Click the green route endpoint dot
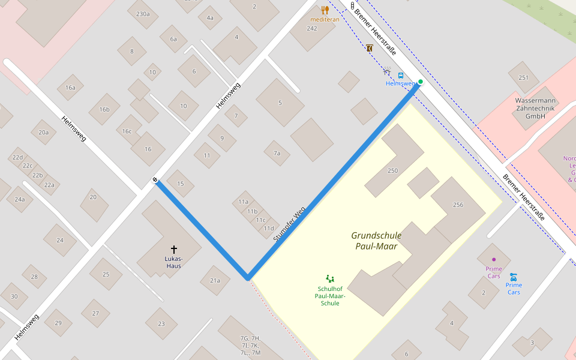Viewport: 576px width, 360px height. pos(421,82)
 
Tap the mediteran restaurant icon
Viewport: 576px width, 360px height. pos(325,10)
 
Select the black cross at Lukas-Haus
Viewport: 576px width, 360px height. pos(174,249)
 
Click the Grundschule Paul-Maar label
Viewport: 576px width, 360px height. pos(376,241)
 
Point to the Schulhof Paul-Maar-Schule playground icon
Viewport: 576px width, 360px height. pos(330,278)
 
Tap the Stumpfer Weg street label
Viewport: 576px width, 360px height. pos(289,224)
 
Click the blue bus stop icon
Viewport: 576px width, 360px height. pos(400,76)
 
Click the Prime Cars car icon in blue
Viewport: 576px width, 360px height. pos(513,277)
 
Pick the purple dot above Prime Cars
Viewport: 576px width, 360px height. pos(494,259)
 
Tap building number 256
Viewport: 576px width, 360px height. pos(458,205)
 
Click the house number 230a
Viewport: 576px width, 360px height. pos(143,13)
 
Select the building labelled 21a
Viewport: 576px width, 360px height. pos(215,280)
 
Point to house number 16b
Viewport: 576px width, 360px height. pos(104,109)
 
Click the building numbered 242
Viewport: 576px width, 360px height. pos(312,28)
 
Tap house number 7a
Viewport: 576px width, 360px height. pos(277,153)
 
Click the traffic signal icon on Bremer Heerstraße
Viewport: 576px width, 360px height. pos(352,5)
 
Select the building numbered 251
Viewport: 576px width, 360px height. pos(523,77)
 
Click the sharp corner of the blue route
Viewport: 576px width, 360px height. pos(247,278)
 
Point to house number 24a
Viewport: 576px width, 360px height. pos(20,199)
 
